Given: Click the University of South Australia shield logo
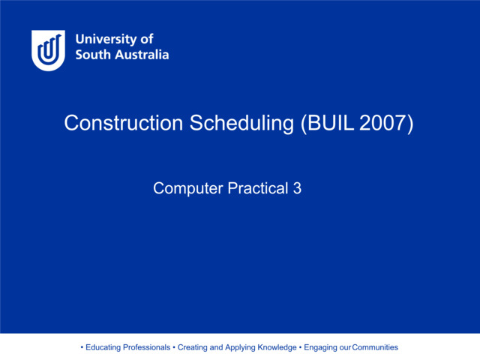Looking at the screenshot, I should coord(48,50).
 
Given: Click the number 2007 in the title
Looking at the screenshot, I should coord(386,124).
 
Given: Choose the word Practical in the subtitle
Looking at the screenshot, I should coord(248,189).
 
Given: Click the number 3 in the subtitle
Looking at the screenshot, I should coord(297,189).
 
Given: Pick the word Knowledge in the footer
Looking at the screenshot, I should coord(277,347).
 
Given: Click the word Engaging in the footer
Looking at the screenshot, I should coord(320,347).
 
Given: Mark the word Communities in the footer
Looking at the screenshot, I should coord(375,347).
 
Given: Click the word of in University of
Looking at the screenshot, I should coord(146,40).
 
